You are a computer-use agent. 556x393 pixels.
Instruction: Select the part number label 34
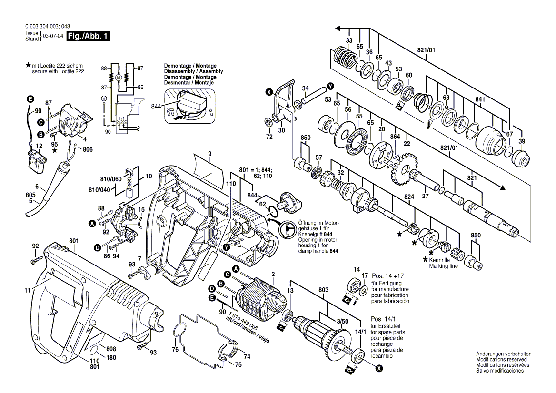coord(306,88)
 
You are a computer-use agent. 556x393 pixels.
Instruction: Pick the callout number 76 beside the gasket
coord(175,350)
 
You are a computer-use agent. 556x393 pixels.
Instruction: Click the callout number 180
coord(110,357)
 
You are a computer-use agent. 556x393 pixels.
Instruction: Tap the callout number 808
coord(110,349)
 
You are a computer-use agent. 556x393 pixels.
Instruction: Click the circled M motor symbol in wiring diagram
coord(119,77)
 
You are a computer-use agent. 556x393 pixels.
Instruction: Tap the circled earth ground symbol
coord(104,98)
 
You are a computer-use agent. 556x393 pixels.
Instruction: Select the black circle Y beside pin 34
coord(330,87)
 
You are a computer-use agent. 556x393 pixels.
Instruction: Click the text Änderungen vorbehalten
coord(504,354)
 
